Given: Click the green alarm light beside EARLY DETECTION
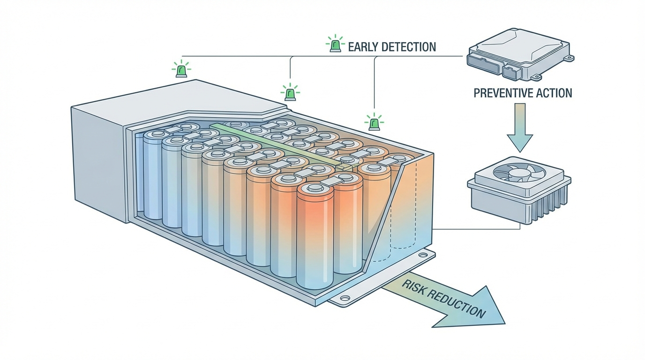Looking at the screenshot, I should tap(335, 45).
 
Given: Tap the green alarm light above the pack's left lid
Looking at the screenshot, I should tap(180, 70).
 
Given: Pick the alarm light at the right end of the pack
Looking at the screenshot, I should tap(374, 123).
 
